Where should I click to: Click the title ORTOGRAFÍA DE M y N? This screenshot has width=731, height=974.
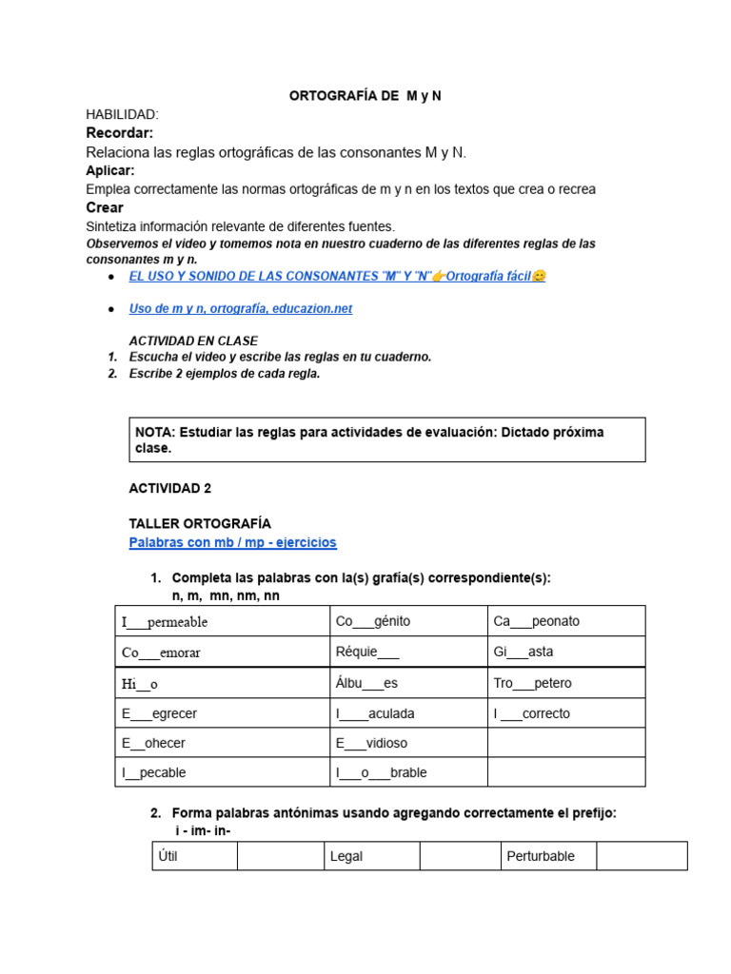[365, 96]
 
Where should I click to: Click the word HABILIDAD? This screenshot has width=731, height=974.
[122, 114]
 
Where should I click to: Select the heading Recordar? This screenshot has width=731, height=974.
[119, 132]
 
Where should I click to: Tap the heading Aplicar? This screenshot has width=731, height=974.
[110, 170]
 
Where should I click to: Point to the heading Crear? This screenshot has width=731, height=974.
[105, 207]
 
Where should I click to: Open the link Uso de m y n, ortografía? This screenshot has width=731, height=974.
[240, 309]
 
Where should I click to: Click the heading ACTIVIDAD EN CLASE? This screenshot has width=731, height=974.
[193, 341]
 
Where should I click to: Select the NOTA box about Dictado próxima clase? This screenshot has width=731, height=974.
[386, 439]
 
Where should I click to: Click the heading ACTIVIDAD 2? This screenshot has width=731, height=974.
[170, 488]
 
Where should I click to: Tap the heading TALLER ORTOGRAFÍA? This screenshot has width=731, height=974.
[200, 523]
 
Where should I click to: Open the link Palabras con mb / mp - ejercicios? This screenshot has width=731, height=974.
[232, 542]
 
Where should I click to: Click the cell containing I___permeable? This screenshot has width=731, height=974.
[222, 621]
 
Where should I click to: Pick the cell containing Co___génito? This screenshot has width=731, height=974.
[407, 621]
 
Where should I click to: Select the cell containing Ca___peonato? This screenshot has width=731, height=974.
[566, 621]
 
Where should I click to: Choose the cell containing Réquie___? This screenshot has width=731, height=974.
[407, 652]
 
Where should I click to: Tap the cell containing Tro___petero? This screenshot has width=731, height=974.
[566, 683]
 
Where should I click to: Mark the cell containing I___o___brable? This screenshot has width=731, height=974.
[407, 772]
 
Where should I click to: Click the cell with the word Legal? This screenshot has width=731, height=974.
[370, 856]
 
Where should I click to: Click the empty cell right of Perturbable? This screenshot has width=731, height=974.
[642, 856]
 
